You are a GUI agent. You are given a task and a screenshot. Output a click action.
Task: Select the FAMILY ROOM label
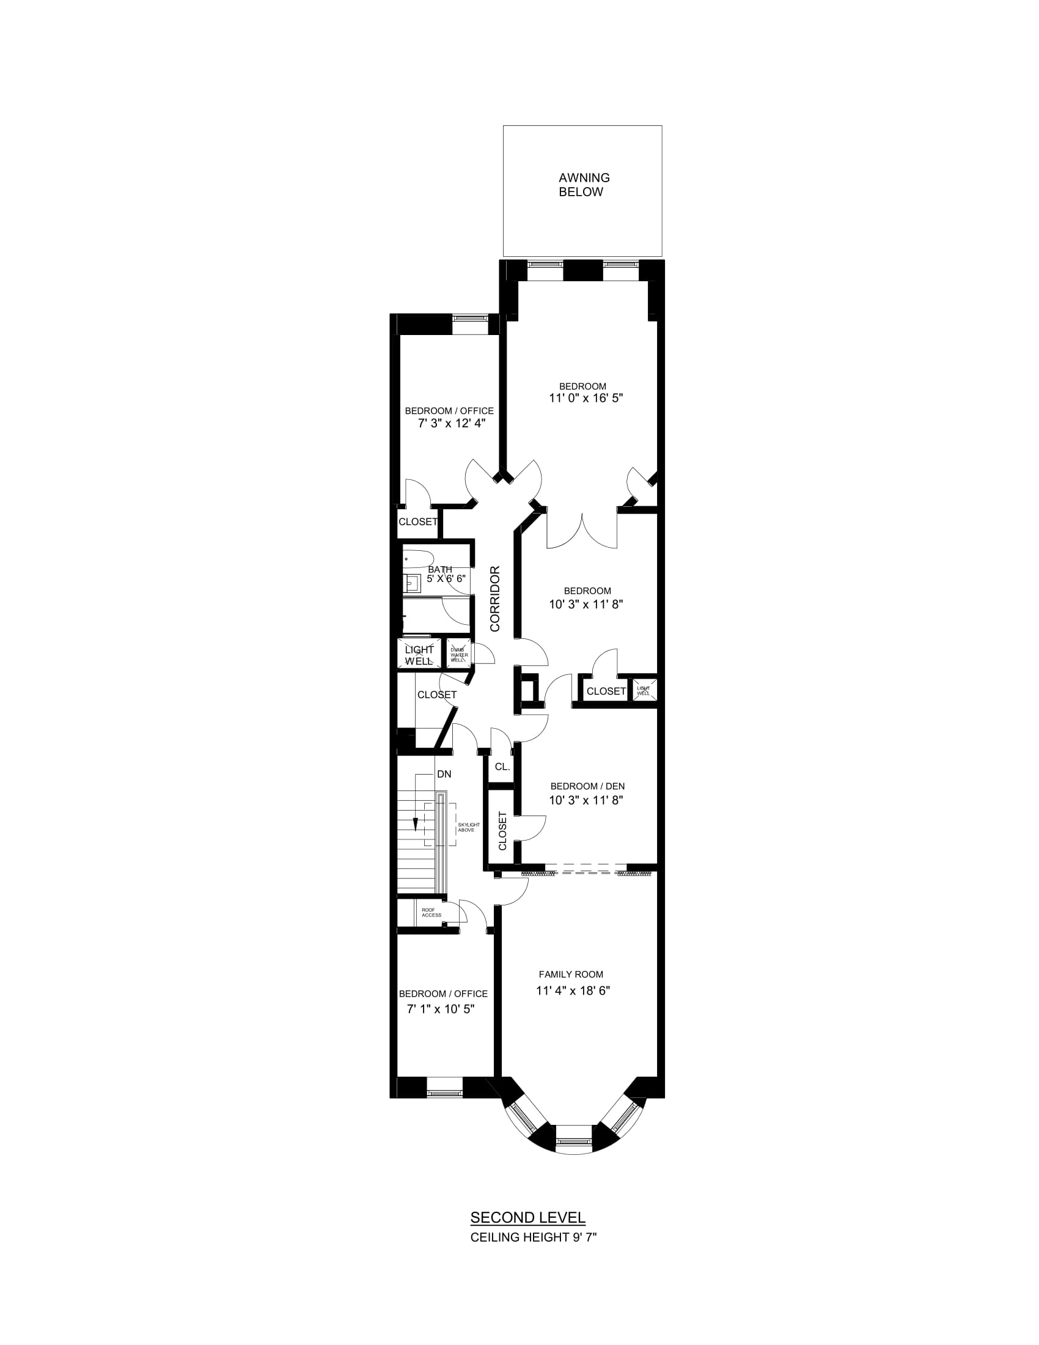(x=571, y=975)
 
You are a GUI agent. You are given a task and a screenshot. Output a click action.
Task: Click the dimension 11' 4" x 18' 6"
(x=573, y=991)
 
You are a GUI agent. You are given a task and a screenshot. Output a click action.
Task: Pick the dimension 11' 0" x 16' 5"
(x=586, y=399)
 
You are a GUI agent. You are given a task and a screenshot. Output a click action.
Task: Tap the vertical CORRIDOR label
(x=496, y=599)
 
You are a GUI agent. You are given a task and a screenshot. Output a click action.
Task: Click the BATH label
(x=439, y=570)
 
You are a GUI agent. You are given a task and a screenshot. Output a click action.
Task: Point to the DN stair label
(x=444, y=774)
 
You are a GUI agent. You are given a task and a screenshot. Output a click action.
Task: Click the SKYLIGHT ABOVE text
(x=468, y=827)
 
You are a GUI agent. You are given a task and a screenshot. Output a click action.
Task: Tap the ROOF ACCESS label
(x=431, y=913)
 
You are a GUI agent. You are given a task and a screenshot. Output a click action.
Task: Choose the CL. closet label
(x=502, y=767)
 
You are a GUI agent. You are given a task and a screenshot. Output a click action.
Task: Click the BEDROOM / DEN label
(x=587, y=786)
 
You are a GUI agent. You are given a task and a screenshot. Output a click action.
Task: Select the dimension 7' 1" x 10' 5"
(x=441, y=1009)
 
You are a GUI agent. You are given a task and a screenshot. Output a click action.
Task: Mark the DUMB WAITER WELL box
(x=458, y=654)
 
